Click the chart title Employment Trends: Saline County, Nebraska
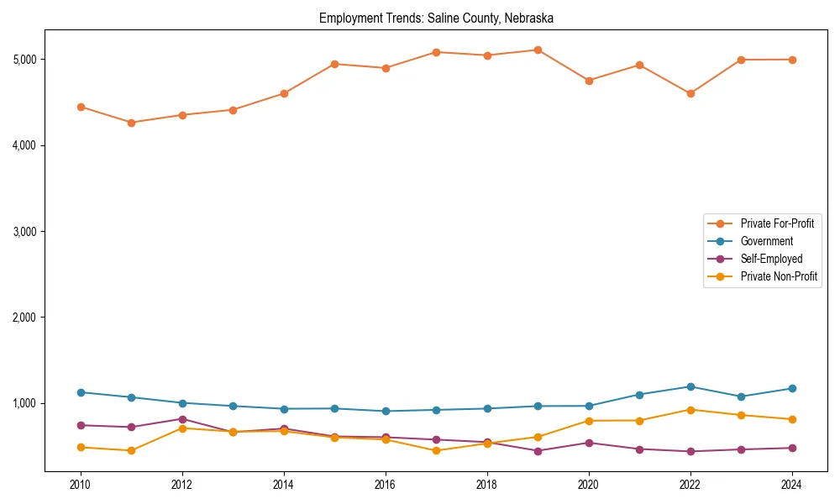[436, 18]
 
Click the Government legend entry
[766, 241]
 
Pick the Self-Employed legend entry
[771, 259]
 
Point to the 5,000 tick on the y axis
[24, 60]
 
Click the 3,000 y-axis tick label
[24, 232]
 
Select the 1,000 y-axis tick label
[24, 403]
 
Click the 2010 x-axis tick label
[81, 485]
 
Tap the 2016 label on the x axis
[386, 485]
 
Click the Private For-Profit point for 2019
[538, 50]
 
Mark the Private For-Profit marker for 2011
[131, 123]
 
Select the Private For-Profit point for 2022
[690, 93]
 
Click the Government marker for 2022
[690, 387]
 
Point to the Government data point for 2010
[81, 392]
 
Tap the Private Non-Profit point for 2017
[436, 451]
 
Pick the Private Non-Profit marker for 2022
[690, 410]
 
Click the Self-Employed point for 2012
[182, 419]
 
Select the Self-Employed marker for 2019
[538, 451]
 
